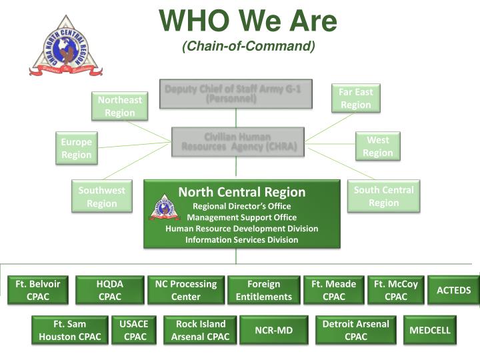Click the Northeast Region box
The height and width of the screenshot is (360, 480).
coord(120,106)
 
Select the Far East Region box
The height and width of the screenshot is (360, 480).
coord(355,98)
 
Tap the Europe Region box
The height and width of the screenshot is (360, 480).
coord(77,148)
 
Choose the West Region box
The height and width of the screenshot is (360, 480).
coord(377,146)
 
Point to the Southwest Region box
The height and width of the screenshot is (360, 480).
coord(101,197)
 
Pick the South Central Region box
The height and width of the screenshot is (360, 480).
coord(383,196)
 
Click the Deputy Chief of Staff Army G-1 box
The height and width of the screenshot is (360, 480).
coord(236,94)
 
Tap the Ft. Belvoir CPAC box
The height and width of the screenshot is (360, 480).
coord(38,290)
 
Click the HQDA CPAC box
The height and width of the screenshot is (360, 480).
coord(109,290)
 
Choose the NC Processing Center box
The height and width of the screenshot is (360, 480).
coord(185,290)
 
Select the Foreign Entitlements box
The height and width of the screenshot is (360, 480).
coord(263,290)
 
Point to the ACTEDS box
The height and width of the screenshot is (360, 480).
coord(453,290)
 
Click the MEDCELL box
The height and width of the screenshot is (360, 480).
coord(430,330)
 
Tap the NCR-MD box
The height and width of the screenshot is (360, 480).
coord(273,330)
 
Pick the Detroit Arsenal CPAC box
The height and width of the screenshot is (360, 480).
coord(355,330)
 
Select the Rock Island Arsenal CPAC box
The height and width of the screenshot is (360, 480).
coord(200,330)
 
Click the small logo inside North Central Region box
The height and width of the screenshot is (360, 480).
coord(164,207)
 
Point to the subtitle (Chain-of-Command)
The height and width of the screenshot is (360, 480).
coord(248,46)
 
